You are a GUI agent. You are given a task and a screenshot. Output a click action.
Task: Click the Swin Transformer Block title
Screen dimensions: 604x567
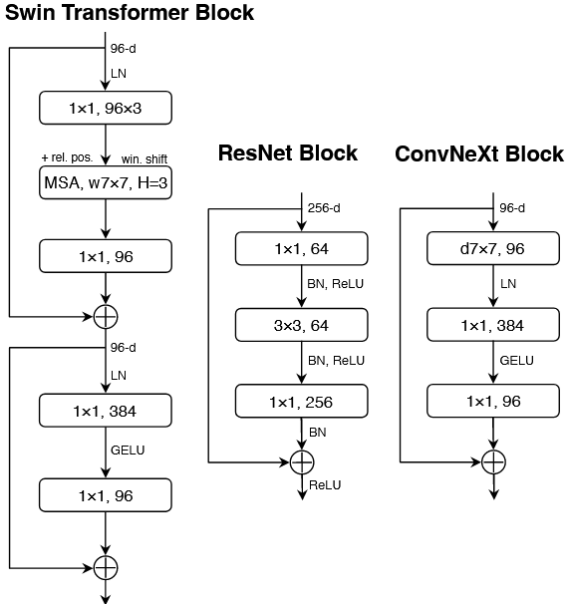(130, 14)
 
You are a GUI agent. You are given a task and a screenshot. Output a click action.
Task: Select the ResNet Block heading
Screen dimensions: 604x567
(287, 153)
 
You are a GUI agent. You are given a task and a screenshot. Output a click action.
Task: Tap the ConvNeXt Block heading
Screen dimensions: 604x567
(479, 154)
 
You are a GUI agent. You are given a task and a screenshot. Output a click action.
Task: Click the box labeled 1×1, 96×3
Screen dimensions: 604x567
(106, 108)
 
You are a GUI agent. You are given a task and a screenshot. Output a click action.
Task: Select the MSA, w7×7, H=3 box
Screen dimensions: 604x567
(106, 183)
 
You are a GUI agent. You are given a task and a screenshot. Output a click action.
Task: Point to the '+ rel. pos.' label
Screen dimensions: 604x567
(67, 158)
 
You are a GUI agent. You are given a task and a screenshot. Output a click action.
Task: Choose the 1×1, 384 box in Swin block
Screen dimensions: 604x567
(106, 410)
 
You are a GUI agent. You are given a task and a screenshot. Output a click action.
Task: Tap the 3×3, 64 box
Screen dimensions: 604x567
(302, 325)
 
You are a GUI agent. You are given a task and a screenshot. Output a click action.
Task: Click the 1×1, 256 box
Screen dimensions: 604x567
(302, 402)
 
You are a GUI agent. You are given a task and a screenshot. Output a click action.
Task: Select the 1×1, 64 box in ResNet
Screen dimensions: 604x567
(302, 248)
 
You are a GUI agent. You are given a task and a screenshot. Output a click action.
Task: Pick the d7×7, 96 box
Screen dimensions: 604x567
(493, 248)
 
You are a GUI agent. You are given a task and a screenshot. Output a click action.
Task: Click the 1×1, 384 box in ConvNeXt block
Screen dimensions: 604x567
(493, 325)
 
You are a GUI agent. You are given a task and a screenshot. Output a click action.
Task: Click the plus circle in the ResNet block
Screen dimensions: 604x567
(302, 461)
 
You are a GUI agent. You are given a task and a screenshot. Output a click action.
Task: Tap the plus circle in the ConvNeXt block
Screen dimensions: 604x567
(493, 461)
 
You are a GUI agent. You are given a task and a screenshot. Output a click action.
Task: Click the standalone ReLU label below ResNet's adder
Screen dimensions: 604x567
(325, 484)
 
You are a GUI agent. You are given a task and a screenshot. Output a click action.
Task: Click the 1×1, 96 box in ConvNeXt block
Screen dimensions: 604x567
(493, 402)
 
